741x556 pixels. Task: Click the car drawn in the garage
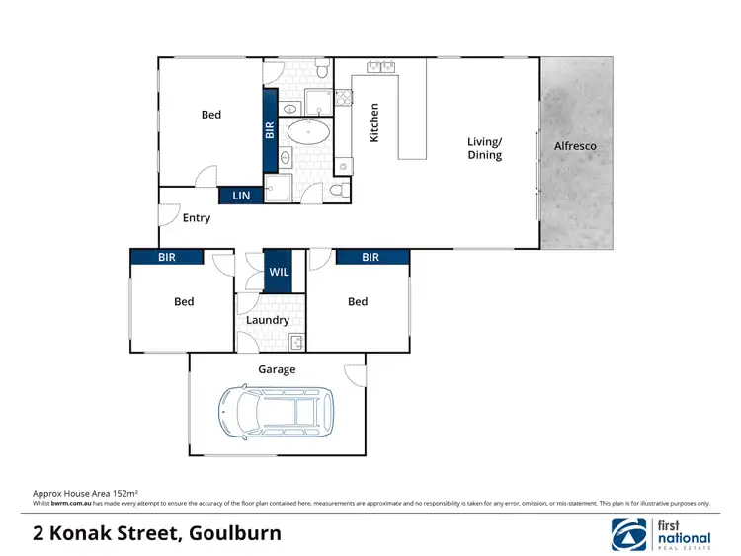click(x=276, y=412)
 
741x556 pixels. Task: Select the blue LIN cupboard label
click(x=241, y=197)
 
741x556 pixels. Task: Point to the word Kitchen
click(x=374, y=123)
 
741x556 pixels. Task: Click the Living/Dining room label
click(x=484, y=148)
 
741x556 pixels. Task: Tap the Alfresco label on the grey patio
click(x=575, y=146)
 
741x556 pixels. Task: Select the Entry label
click(x=197, y=217)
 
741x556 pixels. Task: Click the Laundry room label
click(x=268, y=320)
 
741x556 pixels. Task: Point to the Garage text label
click(x=277, y=369)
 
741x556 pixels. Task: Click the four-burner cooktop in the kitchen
click(x=344, y=97)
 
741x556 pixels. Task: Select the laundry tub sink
click(x=295, y=342)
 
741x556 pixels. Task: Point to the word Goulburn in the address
click(x=232, y=534)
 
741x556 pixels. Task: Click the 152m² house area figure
click(x=123, y=492)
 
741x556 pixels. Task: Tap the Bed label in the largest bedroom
click(x=211, y=115)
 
